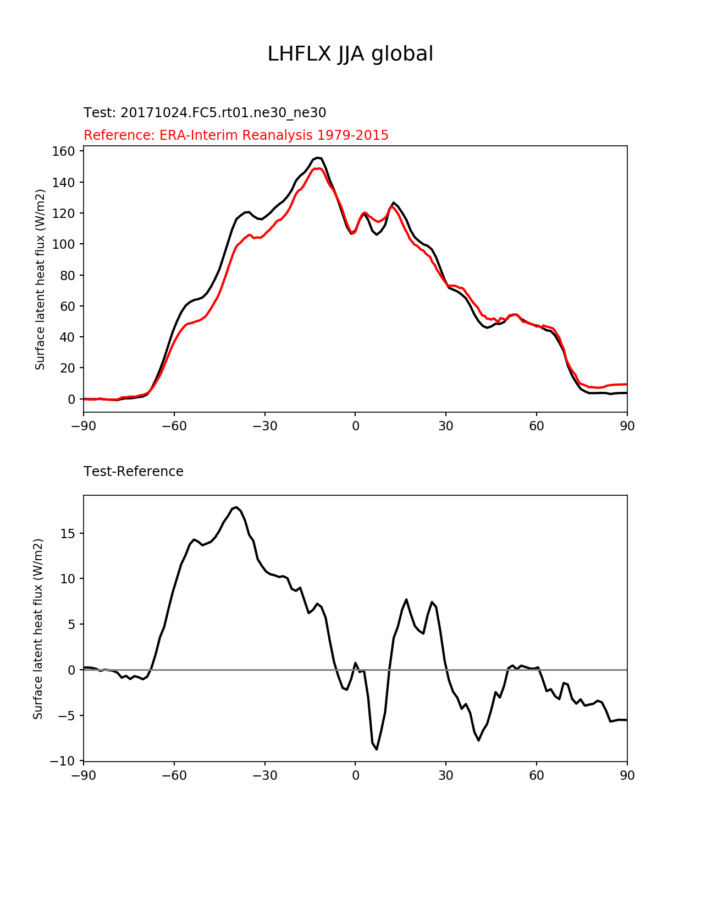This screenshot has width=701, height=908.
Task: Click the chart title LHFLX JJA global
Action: [x=350, y=54]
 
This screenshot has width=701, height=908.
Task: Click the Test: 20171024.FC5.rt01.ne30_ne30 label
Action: [x=205, y=113]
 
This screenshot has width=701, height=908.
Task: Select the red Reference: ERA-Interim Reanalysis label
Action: [x=236, y=135]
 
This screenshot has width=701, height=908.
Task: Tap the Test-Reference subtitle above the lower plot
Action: [x=134, y=472]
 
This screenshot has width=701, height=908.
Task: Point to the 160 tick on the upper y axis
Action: [x=64, y=151]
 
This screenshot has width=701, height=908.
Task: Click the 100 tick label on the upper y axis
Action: [x=64, y=244]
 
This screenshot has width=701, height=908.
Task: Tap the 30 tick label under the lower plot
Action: [x=446, y=776]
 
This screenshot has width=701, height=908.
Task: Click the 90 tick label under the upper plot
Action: [x=627, y=426]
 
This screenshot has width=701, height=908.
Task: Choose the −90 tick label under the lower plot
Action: [x=84, y=776]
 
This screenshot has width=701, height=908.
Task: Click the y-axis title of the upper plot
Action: [x=40, y=279]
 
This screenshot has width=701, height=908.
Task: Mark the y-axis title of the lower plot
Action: [x=38, y=628]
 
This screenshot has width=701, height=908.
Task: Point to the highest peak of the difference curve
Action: [x=236, y=507]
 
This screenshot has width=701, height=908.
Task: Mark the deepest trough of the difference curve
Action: [x=377, y=749]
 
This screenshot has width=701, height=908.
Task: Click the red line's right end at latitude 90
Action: [x=626, y=384]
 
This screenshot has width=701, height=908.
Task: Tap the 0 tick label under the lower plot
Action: [x=355, y=776]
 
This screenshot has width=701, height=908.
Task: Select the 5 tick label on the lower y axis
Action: [x=71, y=625]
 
